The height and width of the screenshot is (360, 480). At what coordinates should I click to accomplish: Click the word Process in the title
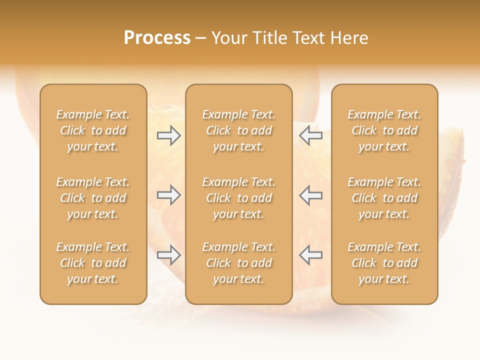(157, 37)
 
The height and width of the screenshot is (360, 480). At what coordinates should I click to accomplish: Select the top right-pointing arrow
(169, 136)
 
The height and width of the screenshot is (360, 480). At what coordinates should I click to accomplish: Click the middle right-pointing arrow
(169, 195)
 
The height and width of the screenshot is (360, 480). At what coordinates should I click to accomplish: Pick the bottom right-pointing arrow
(169, 255)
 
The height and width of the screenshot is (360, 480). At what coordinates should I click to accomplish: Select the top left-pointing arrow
(310, 136)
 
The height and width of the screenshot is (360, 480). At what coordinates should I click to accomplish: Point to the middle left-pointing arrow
(310, 195)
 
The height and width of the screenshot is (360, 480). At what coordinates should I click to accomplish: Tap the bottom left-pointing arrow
(310, 255)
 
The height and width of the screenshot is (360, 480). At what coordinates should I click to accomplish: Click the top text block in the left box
(93, 130)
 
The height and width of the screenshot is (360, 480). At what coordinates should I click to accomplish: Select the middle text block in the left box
(93, 198)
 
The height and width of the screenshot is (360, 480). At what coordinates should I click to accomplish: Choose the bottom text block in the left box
(93, 263)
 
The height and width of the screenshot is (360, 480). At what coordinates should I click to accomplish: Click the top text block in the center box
(239, 130)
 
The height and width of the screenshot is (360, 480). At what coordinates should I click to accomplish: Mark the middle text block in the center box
(239, 198)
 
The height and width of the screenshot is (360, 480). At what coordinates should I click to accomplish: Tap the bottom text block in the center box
(239, 263)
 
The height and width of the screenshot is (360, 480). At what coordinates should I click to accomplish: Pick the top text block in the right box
(384, 130)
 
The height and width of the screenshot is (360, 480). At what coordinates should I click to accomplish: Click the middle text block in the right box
(384, 198)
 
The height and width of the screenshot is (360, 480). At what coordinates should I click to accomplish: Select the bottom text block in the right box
(384, 263)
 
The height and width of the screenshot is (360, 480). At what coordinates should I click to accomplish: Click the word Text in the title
(307, 37)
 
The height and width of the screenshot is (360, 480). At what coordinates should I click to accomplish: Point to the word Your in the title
(228, 37)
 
